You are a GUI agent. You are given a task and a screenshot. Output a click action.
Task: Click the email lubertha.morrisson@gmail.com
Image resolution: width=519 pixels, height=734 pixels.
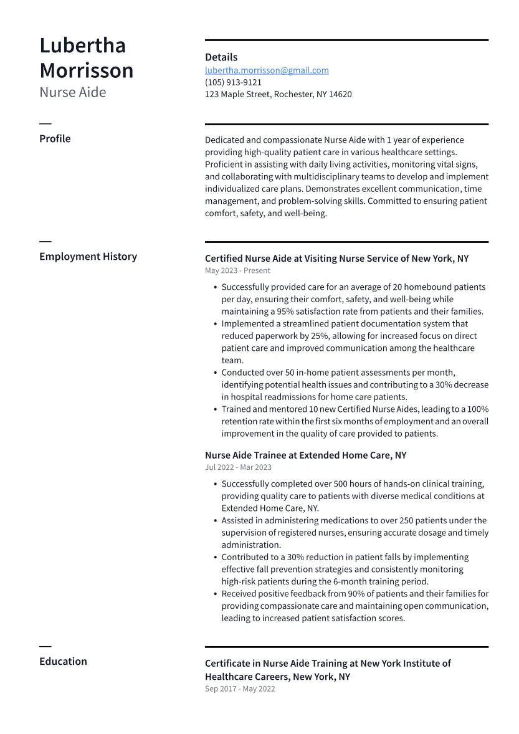click(267, 70)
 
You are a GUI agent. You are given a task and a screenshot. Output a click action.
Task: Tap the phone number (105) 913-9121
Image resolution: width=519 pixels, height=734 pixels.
click(233, 82)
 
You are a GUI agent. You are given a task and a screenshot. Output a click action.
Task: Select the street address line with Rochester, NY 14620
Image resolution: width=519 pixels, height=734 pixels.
click(278, 95)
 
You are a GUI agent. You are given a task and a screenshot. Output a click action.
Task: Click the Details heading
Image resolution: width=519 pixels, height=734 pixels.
click(221, 57)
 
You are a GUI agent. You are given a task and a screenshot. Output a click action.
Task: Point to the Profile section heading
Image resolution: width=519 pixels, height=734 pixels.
click(55, 139)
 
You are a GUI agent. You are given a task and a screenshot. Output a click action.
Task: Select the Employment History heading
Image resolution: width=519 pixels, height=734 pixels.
click(88, 257)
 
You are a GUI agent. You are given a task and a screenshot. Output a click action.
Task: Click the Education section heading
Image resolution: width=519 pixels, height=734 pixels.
click(63, 662)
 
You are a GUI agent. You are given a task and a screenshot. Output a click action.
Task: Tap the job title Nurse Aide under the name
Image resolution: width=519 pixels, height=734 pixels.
click(72, 92)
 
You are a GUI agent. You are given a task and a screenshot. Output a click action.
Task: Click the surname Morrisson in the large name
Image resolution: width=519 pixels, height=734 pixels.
click(86, 70)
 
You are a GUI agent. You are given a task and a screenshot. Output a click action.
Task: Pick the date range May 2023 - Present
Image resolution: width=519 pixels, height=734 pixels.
click(237, 271)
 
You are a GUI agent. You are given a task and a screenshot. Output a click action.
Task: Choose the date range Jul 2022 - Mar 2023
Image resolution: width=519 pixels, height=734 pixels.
click(238, 467)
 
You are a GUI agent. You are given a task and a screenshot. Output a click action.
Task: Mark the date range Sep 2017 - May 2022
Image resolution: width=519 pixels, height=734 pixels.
click(240, 689)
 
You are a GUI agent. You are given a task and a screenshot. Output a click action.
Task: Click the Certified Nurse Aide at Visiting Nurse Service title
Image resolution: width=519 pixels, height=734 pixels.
click(336, 259)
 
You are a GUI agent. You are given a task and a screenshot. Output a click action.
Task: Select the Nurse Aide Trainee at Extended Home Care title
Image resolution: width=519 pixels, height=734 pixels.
click(305, 455)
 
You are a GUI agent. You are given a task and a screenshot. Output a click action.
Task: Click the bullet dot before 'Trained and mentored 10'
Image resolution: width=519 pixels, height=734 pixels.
click(215, 410)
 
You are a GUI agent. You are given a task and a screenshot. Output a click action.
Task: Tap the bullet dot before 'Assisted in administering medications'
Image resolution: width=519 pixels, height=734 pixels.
click(215, 521)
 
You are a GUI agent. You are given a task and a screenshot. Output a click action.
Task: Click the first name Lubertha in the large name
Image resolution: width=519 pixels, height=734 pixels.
click(82, 45)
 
